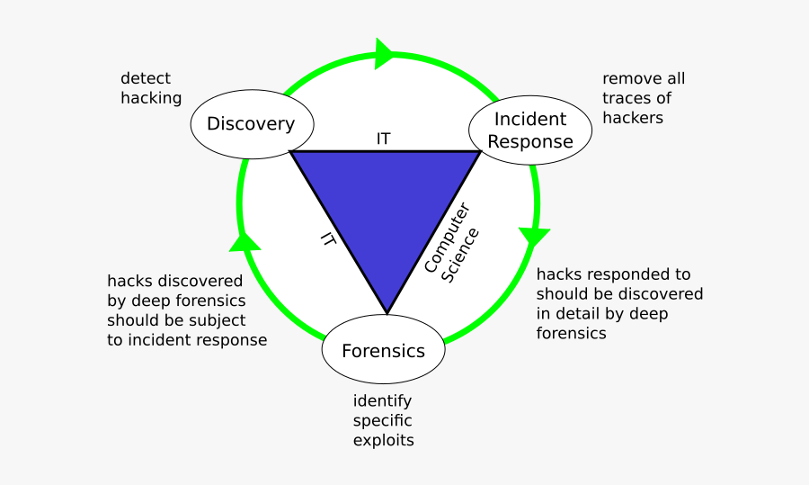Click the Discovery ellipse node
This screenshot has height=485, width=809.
click(x=251, y=124)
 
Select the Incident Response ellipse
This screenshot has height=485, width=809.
click(x=530, y=130)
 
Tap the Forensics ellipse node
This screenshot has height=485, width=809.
click(x=383, y=351)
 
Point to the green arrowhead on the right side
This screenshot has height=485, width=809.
click(x=534, y=237)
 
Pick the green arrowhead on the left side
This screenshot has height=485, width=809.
click(x=245, y=239)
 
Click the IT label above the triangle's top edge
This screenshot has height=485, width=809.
click(x=384, y=139)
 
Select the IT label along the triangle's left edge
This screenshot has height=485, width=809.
click(x=329, y=238)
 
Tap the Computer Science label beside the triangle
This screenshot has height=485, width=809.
click(x=451, y=243)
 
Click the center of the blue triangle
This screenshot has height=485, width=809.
click(x=386, y=207)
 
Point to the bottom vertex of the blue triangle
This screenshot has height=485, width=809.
click(x=387, y=312)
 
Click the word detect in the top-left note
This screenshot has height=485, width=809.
click(x=146, y=78)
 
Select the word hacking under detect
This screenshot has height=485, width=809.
click(x=151, y=98)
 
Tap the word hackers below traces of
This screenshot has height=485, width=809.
click(x=633, y=118)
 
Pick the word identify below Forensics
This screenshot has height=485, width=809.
click(x=382, y=400)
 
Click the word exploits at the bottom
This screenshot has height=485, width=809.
click(x=384, y=440)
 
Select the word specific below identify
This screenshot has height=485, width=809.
click(x=383, y=420)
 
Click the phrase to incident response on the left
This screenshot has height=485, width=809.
click(x=187, y=340)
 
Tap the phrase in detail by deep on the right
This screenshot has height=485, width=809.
click(x=602, y=313)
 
